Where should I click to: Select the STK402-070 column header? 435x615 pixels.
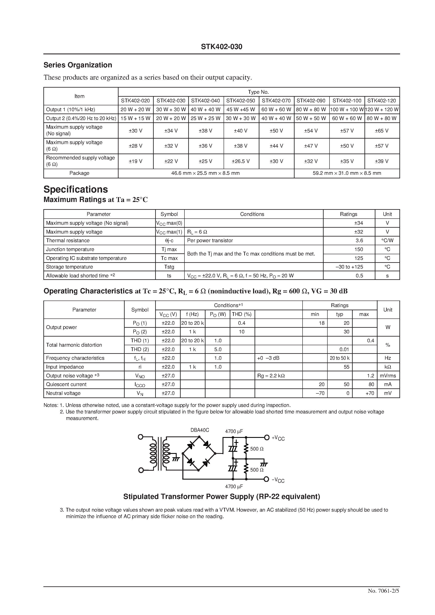[x=276, y=101]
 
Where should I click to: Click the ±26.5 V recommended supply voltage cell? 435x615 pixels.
[x=241, y=161]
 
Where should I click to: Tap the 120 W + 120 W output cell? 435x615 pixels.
[x=382, y=110]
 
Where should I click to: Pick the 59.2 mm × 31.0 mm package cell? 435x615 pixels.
[x=347, y=173]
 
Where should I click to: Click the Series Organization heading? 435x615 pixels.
[x=78, y=65]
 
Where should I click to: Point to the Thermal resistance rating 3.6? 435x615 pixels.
[x=359, y=241]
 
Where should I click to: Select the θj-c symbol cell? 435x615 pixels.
[x=169, y=241]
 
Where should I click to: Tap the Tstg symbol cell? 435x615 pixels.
[x=169, y=267]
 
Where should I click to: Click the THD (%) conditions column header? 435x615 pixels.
[x=242, y=314]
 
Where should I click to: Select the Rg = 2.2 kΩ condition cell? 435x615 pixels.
[x=271, y=376]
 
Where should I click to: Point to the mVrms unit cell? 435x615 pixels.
[x=388, y=376]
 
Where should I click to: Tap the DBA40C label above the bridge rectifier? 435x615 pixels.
[x=200, y=430]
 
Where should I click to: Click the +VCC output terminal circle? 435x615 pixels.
[x=267, y=437]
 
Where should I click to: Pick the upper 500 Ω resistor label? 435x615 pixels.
[x=257, y=449]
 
